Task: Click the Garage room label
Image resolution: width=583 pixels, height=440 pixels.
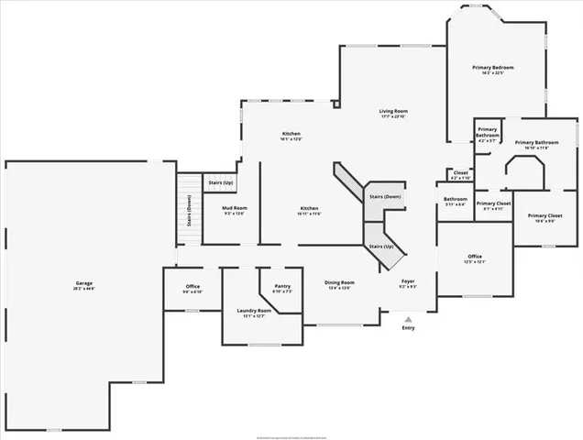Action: coord(84,282)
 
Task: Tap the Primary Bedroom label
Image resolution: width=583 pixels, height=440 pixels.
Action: coord(493,67)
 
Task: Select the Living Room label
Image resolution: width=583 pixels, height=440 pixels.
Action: coord(393,111)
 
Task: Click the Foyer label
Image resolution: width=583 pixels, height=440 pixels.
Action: coord(408,280)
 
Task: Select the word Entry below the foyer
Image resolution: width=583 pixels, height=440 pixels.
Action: coord(408,328)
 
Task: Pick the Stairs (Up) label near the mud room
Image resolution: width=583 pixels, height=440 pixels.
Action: coord(220,183)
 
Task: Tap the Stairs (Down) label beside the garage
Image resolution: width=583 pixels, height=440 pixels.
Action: coord(189,209)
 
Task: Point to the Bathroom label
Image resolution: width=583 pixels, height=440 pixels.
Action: coord(456,199)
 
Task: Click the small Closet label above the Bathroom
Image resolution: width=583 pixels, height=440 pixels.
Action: coord(460,172)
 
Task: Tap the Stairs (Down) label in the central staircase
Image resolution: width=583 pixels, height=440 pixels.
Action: coord(385,196)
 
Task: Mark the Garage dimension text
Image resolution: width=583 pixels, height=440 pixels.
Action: coord(84,289)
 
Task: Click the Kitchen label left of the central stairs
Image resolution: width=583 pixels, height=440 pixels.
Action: coord(309,208)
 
